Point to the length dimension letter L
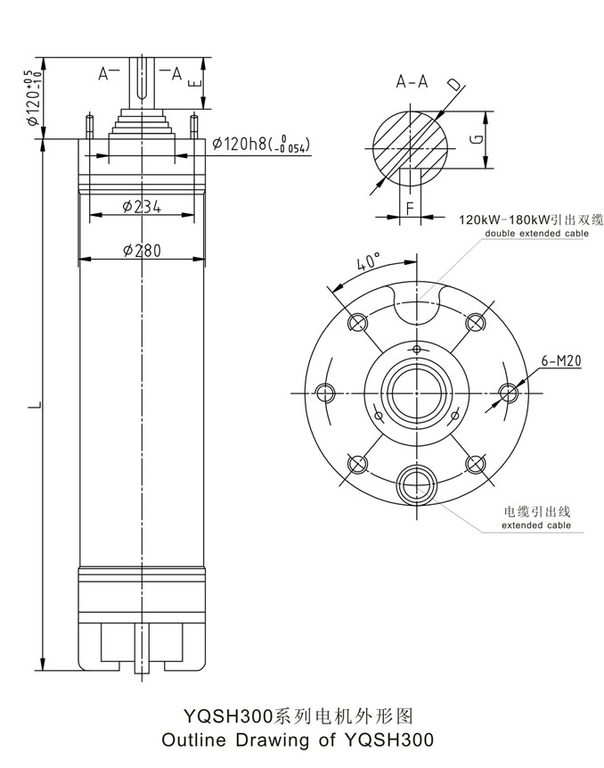(x=33, y=406)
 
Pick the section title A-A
(x=412, y=81)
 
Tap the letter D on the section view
(x=454, y=85)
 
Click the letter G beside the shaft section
(x=477, y=140)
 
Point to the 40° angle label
(x=368, y=263)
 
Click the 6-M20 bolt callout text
(x=561, y=361)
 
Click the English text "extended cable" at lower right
(x=535, y=526)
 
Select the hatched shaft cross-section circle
(x=411, y=143)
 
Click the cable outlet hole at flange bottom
(x=416, y=485)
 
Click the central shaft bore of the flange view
(x=416, y=392)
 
